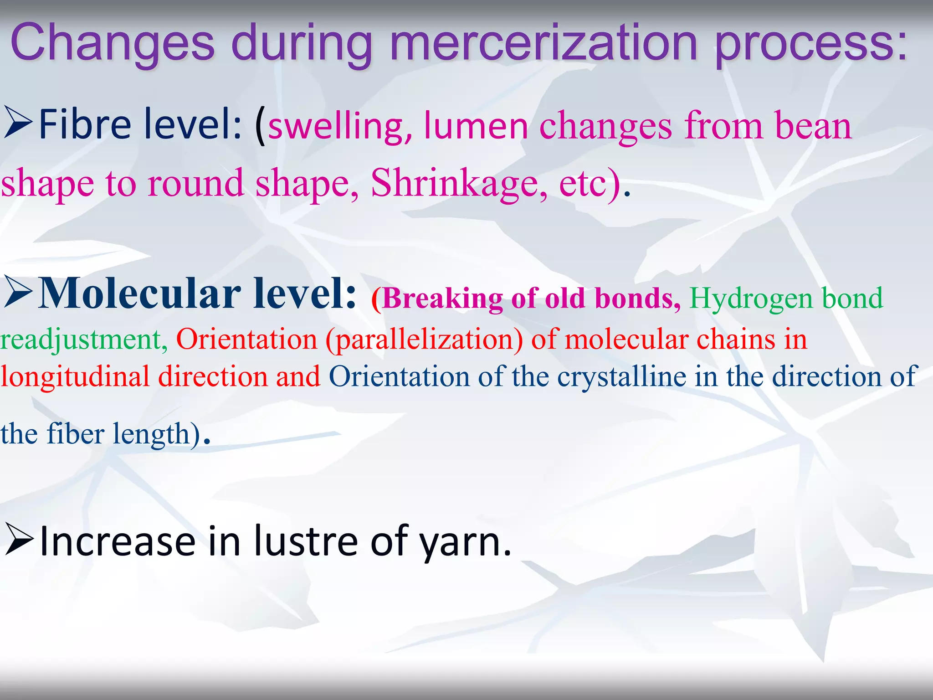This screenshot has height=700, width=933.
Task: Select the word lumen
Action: pyautogui.click(x=476, y=126)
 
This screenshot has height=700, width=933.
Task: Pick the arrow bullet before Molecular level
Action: pyautogui.click(x=18, y=294)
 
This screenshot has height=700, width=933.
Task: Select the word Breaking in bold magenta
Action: pyautogui.click(x=442, y=299)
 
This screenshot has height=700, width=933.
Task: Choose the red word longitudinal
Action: pyautogui.click(x=75, y=377)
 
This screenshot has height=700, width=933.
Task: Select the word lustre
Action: pyautogui.click(x=306, y=541)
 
